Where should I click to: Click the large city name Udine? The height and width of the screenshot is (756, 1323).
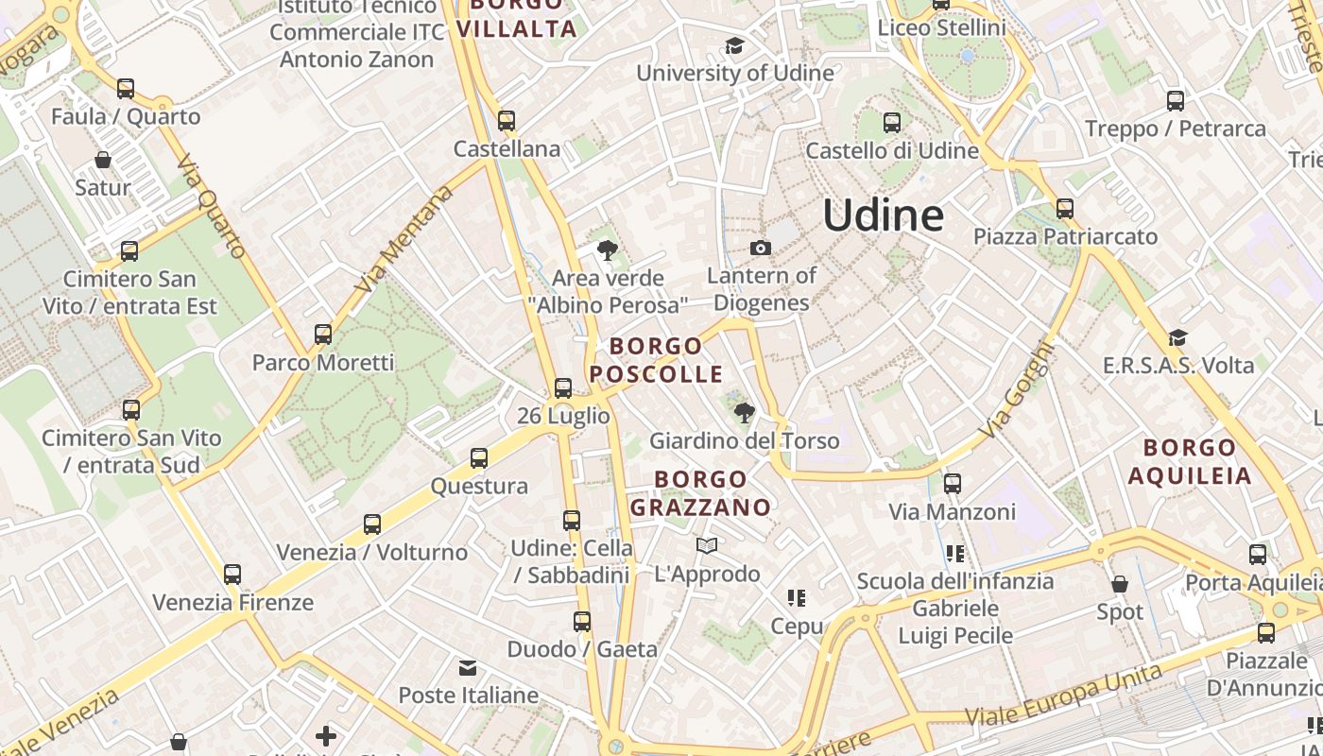tap(883, 215)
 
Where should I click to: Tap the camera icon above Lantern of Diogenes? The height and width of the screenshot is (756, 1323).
tap(760, 249)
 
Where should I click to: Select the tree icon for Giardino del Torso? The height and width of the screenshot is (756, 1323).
tap(744, 413)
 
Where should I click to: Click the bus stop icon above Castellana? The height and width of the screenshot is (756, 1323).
tap(507, 121)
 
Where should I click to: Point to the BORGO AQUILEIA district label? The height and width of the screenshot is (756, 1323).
tap(1190, 461)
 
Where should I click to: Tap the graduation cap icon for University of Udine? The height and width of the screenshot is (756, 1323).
tap(734, 46)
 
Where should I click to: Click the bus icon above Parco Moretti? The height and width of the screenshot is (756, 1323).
tap(323, 335)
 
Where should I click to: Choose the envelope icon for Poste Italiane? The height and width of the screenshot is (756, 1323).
tap(468, 668)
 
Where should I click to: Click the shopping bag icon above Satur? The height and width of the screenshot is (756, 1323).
tap(103, 160)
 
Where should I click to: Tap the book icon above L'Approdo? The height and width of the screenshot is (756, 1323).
tap(707, 545)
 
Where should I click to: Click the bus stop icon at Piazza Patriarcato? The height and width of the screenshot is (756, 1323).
tap(1065, 209)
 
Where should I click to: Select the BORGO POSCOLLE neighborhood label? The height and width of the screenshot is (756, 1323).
tap(657, 360)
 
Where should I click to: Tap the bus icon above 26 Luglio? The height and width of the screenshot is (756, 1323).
tap(563, 387)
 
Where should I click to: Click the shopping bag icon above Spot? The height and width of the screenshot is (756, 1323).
tap(1120, 584)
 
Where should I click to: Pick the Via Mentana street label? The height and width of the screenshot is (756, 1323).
tap(404, 239)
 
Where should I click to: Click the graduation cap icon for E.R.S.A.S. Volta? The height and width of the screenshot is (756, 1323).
tap(1177, 337)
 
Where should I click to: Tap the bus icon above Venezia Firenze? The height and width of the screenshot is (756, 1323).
tap(232, 574)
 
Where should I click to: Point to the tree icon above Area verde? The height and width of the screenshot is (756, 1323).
tap(608, 250)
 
